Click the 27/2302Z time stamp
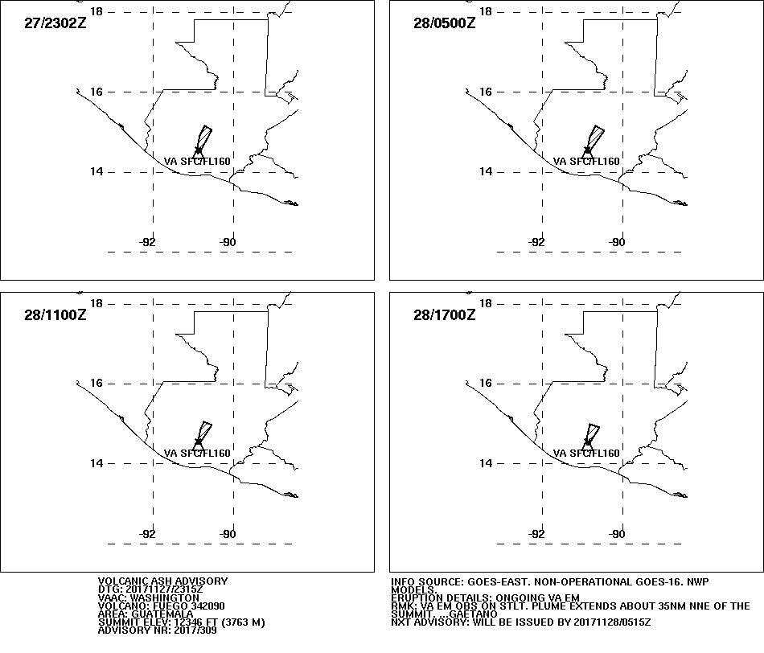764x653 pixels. coord(55,23)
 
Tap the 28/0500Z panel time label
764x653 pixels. coord(445,23)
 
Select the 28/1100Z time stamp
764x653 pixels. coord(55,314)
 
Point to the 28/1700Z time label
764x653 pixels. coord(445,314)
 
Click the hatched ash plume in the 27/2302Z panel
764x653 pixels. coord(204,139)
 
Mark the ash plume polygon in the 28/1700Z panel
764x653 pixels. coord(592,433)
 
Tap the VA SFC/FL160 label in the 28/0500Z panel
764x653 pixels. coord(586,162)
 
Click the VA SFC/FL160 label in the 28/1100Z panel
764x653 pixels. coord(197,454)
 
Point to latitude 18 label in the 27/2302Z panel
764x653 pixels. coord(97,11)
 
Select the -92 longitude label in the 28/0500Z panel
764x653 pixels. coord(536,242)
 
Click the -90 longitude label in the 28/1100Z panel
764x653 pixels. coord(228,534)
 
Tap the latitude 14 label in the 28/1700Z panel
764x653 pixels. coord(486,463)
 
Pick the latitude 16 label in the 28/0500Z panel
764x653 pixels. coord(486,92)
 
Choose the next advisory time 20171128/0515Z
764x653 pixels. coord(612,622)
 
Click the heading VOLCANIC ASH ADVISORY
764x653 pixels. coord(162,581)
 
